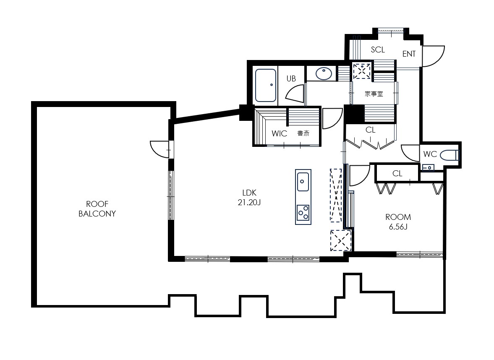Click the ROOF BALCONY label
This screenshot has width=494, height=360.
[x=97, y=209]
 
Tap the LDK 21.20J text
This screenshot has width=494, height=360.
[x=249, y=198]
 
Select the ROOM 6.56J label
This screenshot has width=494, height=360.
[x=398, y=222]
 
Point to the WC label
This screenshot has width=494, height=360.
[x=430, y=154]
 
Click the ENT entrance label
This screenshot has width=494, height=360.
[x=409, y=54]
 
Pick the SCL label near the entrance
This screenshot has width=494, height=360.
[x=378, y=50]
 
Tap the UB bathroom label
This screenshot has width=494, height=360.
[x=291, y=78]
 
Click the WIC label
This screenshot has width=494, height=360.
[x=279, y=133]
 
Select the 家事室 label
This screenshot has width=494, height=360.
[x=374, y=94]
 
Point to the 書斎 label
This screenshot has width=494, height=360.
[x=303, y=133]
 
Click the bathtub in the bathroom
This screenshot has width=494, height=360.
[x=266, y=85]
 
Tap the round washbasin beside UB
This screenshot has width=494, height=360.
[x=324, y=74]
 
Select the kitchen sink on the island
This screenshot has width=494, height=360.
[x=303, y=182]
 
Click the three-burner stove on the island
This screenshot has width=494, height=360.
[x=303, y=213]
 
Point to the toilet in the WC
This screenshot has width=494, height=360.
[x=450, y=155]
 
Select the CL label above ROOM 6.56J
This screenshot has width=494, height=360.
[x=397, y=174]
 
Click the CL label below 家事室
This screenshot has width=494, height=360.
[x=371, y=130]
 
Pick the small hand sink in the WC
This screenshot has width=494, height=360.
[x=428, y=167]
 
